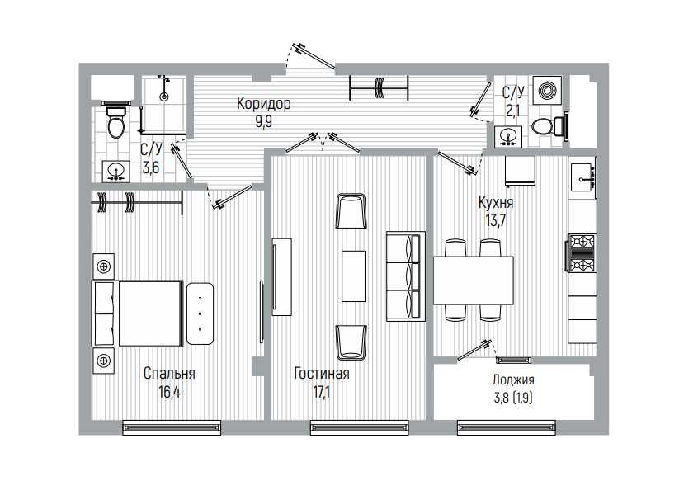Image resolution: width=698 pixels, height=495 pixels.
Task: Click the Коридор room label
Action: coord(263,103)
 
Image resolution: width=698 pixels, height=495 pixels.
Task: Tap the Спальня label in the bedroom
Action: coord(169,373)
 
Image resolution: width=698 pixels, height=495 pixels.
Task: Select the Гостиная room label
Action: coord(322,373)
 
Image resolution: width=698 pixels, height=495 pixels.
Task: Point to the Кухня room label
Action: coord(496,203)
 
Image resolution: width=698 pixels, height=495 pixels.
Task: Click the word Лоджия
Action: coord(513,379)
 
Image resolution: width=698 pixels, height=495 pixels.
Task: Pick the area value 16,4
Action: coord(169,392)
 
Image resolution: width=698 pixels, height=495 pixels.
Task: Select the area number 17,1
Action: coord(322,392)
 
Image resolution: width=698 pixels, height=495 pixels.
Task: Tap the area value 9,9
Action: coord(263,121)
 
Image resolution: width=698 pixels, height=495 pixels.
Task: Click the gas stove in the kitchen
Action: coord(582,252)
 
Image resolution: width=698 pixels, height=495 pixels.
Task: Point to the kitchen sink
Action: coord(583,177)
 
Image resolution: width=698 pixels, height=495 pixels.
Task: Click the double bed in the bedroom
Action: coord(137,313)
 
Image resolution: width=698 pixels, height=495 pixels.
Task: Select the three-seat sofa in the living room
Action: coord(406,276)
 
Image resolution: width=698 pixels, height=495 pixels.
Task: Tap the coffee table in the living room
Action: coord(353,276)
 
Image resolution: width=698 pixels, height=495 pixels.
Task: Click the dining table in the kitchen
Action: coord(474,280)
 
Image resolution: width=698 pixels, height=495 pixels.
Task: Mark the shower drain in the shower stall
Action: coord(164,97)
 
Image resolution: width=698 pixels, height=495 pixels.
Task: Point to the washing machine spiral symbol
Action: coord(547,91)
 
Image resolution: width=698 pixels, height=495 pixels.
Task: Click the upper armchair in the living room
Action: coord(351,210)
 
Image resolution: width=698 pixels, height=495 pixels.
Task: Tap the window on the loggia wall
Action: coord(506,428)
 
